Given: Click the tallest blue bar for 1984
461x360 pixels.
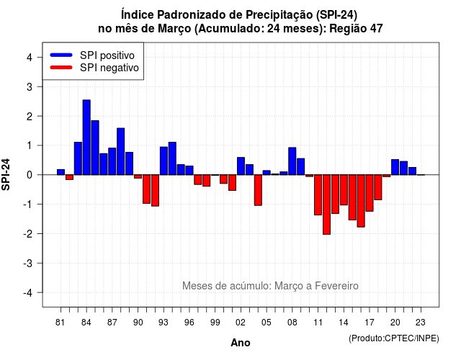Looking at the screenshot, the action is point(86,138).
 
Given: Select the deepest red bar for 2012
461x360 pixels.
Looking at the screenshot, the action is point(326,204).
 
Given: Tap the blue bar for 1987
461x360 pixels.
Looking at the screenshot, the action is point(112,161).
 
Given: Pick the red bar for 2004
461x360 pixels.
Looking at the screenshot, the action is point(258,190).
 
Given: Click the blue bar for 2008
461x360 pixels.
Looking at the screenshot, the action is point(292,161).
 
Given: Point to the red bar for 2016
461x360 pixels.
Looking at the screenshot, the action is point(361,201).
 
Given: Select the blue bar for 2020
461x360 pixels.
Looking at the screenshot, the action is point(395,167).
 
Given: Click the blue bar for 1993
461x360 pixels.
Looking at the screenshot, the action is point(164,161).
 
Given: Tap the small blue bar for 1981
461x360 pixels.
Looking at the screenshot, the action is point(61,172).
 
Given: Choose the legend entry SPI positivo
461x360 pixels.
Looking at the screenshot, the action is point(92,55).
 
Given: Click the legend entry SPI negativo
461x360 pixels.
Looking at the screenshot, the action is point(94,68).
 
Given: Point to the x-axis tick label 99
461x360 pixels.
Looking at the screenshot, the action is point(215,323).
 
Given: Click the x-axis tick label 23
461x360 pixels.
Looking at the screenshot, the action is point(421,323).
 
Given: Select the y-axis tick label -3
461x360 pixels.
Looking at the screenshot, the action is point(28,263).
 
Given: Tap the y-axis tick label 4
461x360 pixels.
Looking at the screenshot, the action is point(30,58).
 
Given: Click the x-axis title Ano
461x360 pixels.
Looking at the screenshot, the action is point(241,343).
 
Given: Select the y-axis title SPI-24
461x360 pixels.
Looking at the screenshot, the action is point(6,174).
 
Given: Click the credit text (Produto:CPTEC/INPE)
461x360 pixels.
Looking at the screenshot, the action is point(394,338).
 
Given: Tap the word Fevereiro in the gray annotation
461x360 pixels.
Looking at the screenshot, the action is point(336,286).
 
